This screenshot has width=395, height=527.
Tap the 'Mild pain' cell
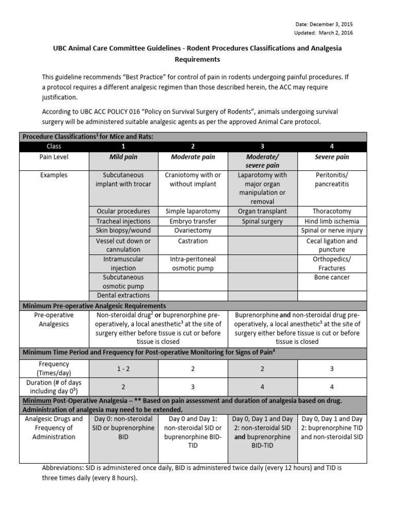(123, 156)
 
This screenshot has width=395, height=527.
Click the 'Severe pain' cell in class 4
(332, 156)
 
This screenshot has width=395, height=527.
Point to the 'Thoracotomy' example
(332, 211)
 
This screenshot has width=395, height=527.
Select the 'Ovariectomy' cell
(193, 231)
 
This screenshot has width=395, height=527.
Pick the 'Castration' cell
(193, 241)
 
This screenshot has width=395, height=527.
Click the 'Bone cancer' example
(332, 277)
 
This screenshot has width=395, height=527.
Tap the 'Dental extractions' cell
(123, 295)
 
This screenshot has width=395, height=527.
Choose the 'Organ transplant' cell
(262, 211)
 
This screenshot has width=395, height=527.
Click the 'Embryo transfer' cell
(193, 221)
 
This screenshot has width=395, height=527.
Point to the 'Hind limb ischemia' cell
(332, 221)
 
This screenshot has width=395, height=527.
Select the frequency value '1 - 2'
(123, 368)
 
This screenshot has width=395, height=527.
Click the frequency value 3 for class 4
(332, 368)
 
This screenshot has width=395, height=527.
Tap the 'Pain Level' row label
(53, 156)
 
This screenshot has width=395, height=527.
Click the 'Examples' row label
(53, 175)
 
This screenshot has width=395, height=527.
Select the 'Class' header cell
(53, 146)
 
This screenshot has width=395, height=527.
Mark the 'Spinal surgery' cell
(262, 221)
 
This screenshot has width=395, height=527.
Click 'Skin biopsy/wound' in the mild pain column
(123, 231)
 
